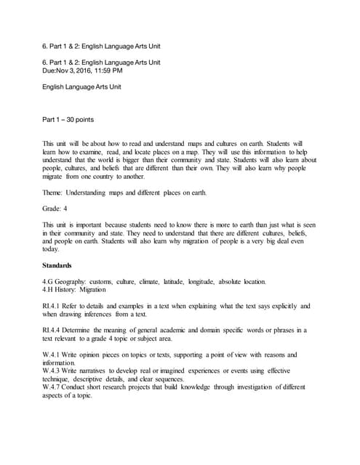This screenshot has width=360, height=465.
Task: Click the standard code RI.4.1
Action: [x=53, y=306]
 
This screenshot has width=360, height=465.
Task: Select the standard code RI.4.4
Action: [x=53, y=330]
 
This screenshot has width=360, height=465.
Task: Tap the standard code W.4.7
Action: [x=53, y=387]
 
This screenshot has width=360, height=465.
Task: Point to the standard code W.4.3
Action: [x=53, y=371]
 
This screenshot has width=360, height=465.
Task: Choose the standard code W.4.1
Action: [x=53, y=355]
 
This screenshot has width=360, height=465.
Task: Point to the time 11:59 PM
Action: [x=125, y=70]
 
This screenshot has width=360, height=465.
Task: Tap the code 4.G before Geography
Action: [x=49, y=281]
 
